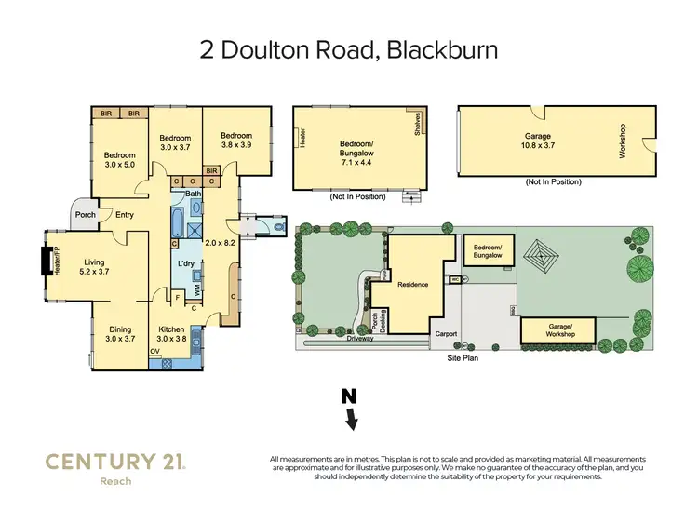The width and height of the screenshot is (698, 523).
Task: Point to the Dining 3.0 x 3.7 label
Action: click(x=119, y=334)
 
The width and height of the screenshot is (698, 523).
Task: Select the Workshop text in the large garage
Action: click(x=622, y=141)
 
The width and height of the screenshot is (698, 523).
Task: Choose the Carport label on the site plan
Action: click(x=441, y=333)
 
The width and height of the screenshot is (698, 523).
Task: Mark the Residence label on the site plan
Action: click(x=411, y=284)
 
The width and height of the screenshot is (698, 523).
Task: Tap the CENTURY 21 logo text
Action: click(x=114, y=462)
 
